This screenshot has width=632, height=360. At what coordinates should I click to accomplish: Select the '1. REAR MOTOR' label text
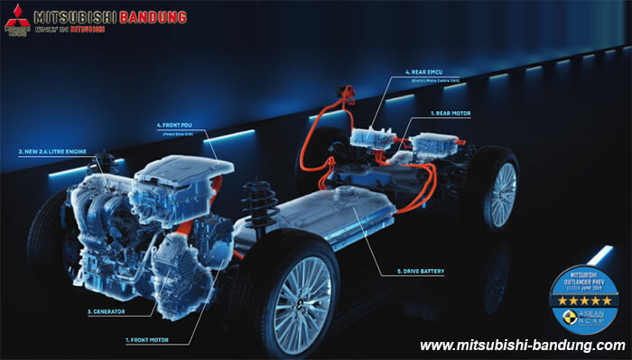pos(449,114)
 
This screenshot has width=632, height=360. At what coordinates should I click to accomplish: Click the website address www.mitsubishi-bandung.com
pos(522,346)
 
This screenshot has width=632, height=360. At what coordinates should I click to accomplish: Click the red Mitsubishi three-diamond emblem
pos(15,15)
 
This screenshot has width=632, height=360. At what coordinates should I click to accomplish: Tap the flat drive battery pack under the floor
pos(343,217)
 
